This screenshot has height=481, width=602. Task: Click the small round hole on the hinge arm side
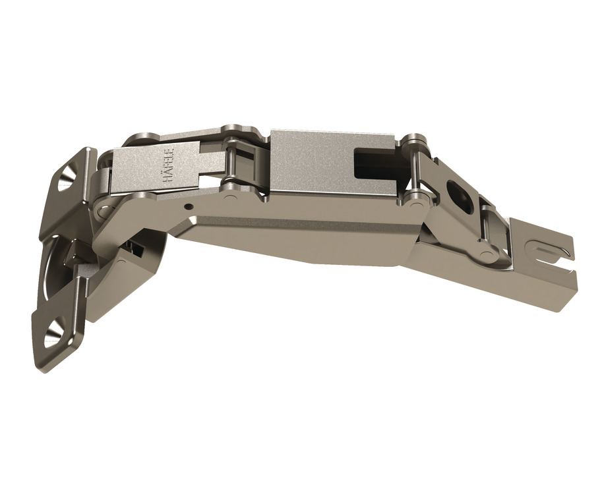pyautogui.click(x=190, y=207)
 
